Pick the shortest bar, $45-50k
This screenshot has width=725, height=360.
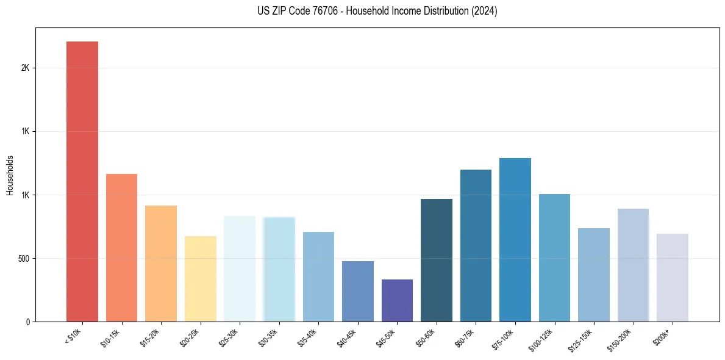coord(397,300)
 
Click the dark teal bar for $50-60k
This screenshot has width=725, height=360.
coord(437,260)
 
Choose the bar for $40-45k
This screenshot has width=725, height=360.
coord(358,291)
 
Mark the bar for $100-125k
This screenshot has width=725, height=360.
coord(554,257)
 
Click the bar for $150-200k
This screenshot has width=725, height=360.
coord(633,265)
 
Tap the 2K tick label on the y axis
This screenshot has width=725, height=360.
coord(25,68)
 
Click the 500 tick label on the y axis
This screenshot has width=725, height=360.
coord(23,258)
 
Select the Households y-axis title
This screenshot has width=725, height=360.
coord(10,175)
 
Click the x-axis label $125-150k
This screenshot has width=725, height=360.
coord(583,339)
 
